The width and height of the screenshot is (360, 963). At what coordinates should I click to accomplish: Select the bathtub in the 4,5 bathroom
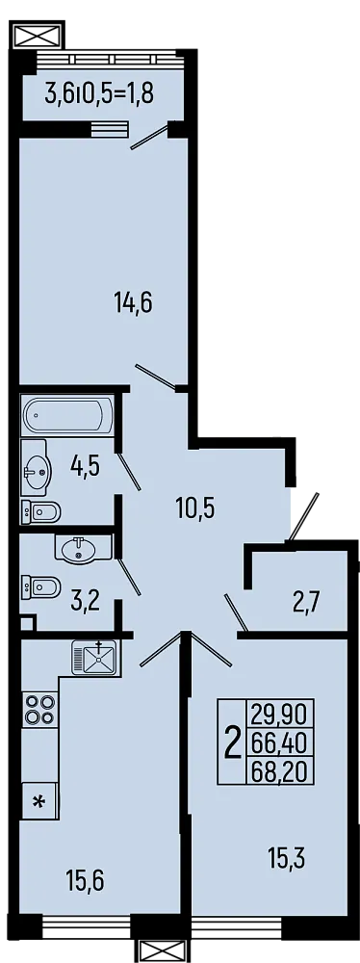[65, 416]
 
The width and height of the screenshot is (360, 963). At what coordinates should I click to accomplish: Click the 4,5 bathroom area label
[85, 467]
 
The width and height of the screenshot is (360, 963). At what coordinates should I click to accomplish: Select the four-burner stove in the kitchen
[39, 709]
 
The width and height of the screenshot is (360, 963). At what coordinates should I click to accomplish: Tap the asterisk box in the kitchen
[39, 799]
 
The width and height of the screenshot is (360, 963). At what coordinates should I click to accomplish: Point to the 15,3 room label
[286, 856]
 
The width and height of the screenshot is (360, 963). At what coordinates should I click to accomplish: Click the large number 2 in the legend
[231, 742]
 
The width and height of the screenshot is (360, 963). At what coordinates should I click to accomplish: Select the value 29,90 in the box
[278, 716]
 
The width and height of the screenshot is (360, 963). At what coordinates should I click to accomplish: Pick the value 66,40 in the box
[278, 742]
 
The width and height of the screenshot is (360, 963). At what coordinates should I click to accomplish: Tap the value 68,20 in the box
[278, 769]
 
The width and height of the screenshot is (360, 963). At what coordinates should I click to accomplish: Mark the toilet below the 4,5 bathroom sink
[41, 510]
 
